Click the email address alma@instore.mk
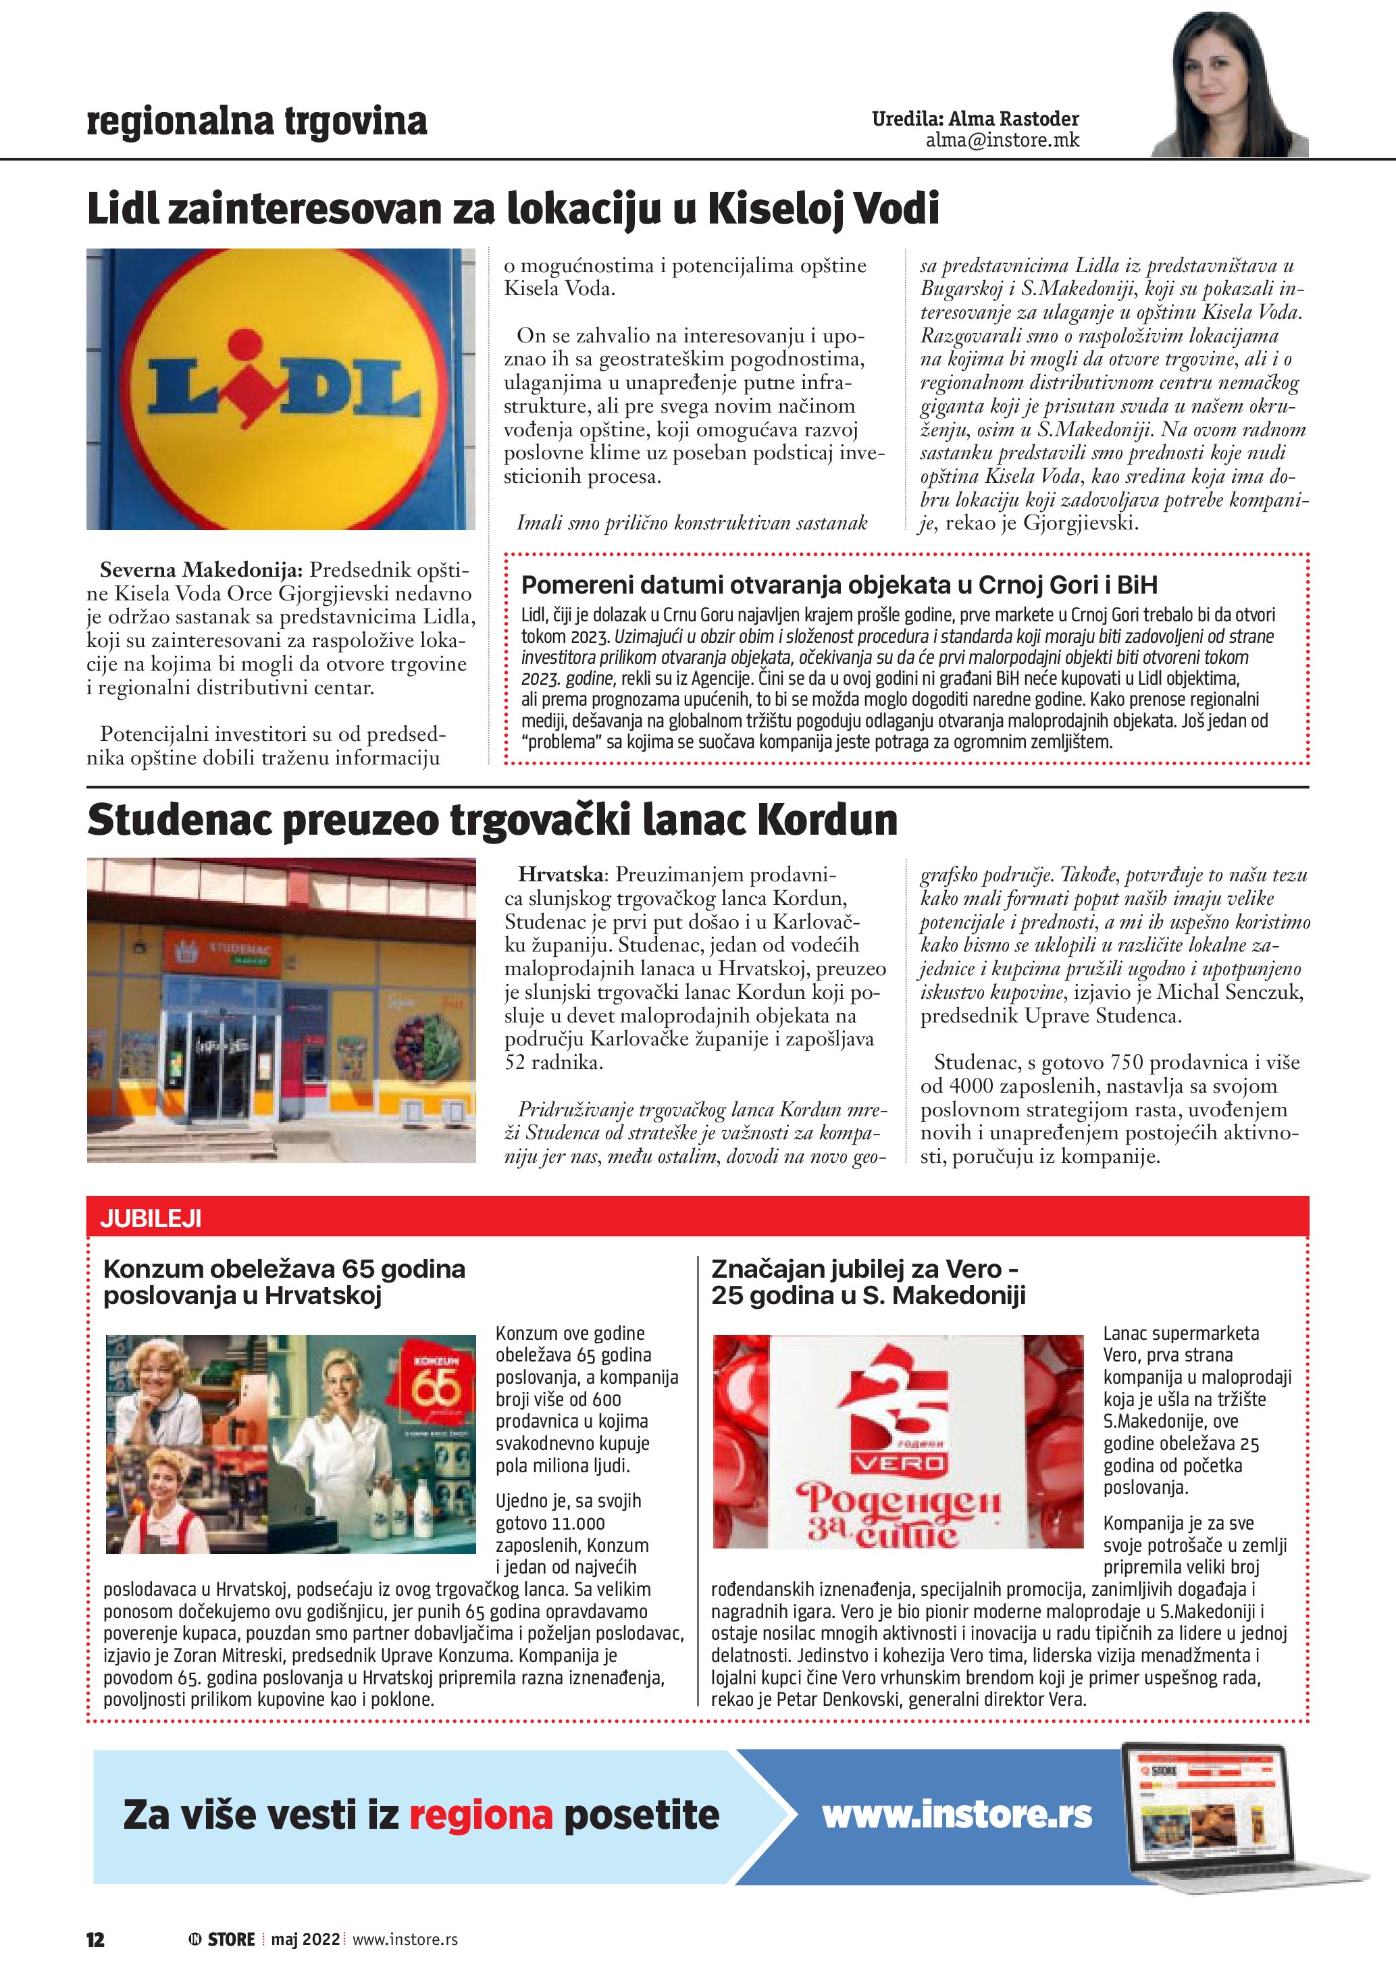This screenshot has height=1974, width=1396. pos(1002,140)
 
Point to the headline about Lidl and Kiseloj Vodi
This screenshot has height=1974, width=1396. pos(513,209)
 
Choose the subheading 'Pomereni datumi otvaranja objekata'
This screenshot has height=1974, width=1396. pos(839,585)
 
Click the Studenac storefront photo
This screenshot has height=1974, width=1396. pos(281,1010)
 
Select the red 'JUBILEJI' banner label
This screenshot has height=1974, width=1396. pos(151,1218)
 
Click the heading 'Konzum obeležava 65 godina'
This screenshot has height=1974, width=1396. pos(284,1269)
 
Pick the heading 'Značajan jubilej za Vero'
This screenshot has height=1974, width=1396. pos(864,1269)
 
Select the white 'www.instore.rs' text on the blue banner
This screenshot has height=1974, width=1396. pos(957,1814)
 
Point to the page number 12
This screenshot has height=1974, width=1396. pos(95,1939)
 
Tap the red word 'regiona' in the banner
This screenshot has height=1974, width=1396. pos(480,1815)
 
